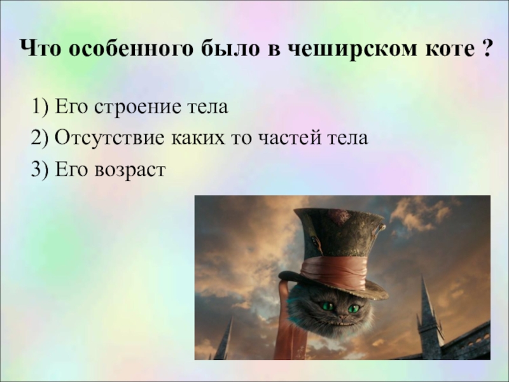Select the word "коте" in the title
[438, 50]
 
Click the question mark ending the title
[486, 50]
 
